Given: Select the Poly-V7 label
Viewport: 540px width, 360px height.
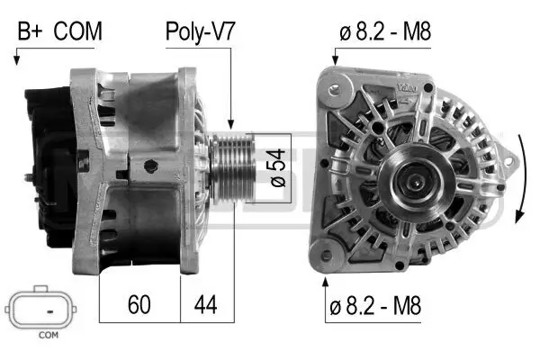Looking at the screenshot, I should tap(200, 32).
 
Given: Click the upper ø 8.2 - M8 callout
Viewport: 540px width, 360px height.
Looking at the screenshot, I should tap(385, 32).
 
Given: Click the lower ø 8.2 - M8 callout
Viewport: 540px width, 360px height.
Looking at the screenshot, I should tap(374, 309).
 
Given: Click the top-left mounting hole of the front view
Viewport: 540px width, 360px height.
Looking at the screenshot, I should tap(335, 90).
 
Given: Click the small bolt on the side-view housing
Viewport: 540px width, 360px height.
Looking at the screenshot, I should tap(151, 166).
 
